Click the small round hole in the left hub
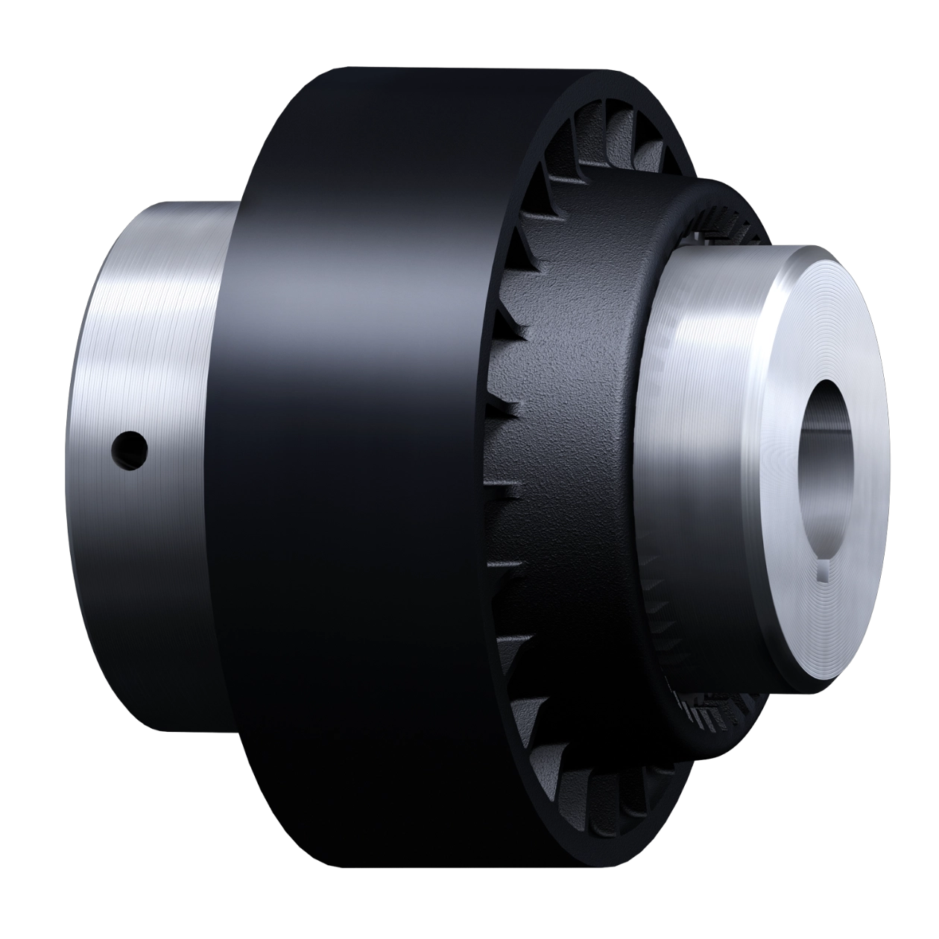coord(129,449)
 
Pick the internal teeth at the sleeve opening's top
coord(596,142)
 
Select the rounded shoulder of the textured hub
coord(671,201)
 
